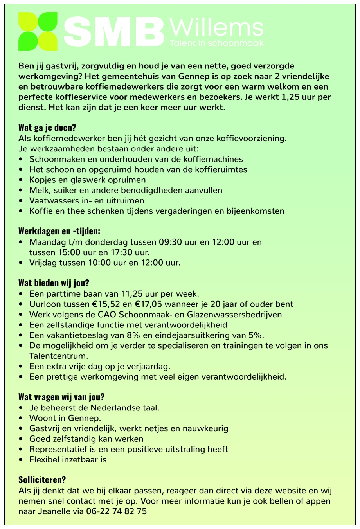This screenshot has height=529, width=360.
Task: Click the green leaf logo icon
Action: [38, 31]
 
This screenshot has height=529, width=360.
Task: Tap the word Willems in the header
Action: [216, 28]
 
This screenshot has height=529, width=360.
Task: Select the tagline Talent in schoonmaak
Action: [216, 43]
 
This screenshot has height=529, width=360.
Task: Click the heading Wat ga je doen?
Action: [47, 128]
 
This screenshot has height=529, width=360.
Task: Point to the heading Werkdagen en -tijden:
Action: [59, 231]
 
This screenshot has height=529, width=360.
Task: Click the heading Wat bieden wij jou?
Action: [54, 283]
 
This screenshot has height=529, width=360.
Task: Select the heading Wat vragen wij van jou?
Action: [61, 397]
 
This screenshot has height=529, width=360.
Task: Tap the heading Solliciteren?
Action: [42, 480]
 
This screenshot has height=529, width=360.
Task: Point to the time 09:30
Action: [170, 242]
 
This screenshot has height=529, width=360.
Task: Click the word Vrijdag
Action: [43, 263]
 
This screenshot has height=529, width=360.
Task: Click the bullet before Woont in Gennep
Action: [21, 418]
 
